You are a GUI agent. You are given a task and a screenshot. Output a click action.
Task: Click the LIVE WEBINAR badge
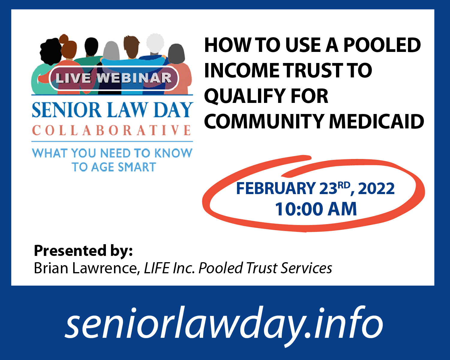[114, 78]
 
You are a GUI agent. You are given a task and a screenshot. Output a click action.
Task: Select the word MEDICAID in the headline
[376, 121]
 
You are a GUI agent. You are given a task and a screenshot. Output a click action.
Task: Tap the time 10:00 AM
[316, 209]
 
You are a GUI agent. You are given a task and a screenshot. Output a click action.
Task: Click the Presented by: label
[83, 250]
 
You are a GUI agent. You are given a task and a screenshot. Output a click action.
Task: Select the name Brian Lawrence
[86, 268]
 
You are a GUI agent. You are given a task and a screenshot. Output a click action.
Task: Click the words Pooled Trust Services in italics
[265, 268]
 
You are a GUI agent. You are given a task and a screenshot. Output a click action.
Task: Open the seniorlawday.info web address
[224, 323]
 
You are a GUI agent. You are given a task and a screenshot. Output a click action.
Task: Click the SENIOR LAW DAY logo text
[112, 110]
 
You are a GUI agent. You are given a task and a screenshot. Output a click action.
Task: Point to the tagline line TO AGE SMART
[114, 167]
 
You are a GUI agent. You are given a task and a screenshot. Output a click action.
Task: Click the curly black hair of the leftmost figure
[51, 52]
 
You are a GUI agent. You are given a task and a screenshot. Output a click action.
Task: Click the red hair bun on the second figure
[64, 38]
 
